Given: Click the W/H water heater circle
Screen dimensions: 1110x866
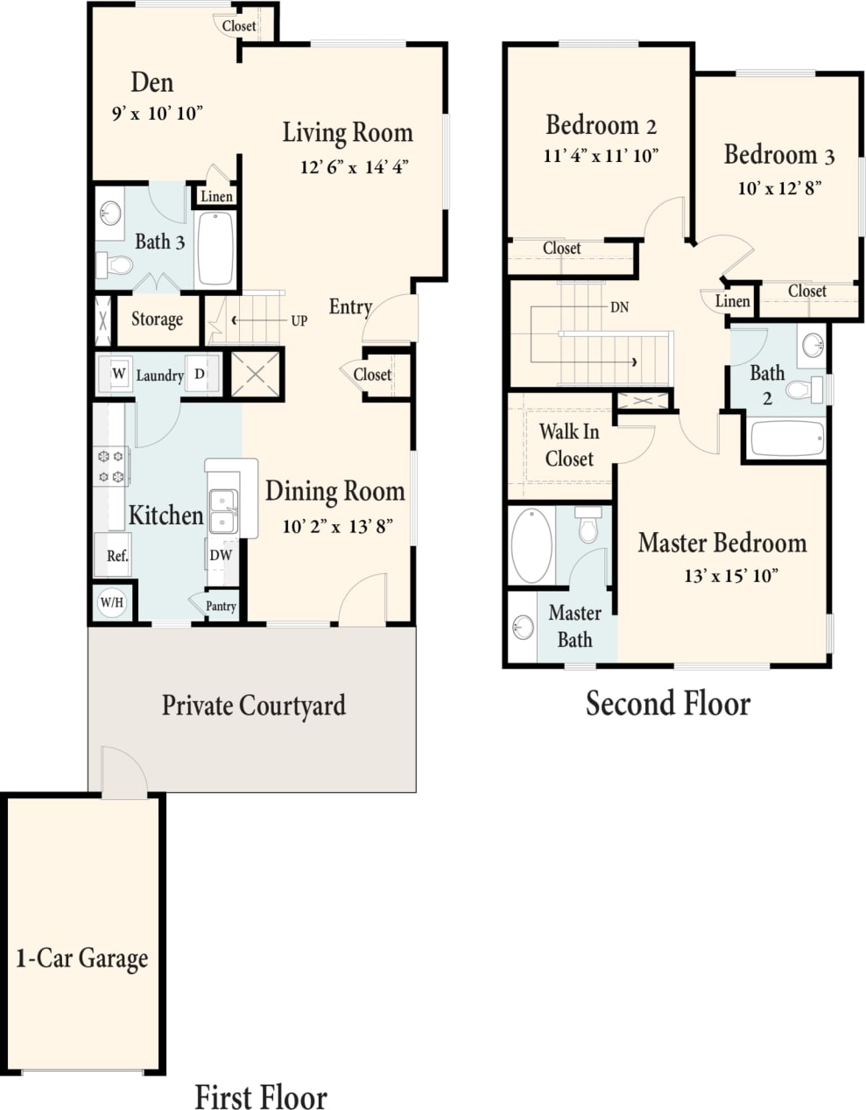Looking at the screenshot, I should coord(111,602).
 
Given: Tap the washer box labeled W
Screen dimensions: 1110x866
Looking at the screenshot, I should coord(118,374).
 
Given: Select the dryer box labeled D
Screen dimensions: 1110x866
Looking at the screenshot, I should coord(200,374).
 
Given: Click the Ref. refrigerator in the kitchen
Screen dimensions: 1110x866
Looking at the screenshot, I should coord(117,555).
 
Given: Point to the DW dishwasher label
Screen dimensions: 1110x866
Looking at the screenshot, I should coord(221,555).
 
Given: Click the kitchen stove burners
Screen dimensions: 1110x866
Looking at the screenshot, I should coord(111,466).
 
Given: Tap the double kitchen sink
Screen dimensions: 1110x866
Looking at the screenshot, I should coord(223,511).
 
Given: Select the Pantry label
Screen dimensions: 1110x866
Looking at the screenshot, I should coord(221,606).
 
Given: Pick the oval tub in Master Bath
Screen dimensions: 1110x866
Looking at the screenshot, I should coord(532,545).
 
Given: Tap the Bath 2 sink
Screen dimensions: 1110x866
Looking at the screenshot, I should coord(813,344).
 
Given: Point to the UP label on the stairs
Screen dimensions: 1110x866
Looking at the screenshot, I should coord(299,321).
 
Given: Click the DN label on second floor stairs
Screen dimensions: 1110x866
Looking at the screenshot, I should coord(619,307).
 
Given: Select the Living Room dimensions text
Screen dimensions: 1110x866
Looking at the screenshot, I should coord(354,167).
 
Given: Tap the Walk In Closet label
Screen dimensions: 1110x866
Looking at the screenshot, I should coord(568,445).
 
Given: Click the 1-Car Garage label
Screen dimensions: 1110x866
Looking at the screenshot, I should coord(82,959).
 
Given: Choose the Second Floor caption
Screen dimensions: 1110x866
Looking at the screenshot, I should coord(667,704).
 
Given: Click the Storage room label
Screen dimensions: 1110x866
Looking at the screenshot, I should coord(157,320).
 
